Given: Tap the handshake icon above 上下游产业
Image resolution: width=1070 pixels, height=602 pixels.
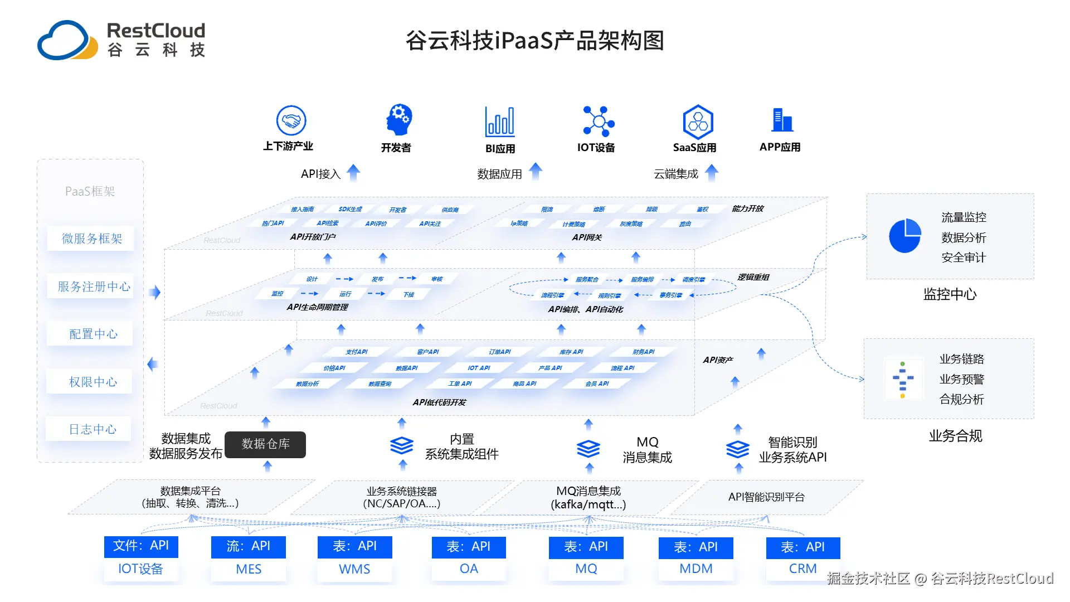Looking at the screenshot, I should [291, 120].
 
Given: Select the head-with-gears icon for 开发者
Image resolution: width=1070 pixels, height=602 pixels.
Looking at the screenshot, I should [399, 119].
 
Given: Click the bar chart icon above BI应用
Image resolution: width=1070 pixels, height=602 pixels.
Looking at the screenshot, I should [500, 122].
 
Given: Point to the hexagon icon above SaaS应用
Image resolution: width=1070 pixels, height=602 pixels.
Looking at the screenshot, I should [698, 122].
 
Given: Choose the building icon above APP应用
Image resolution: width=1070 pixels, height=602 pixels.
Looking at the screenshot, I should [782, 120].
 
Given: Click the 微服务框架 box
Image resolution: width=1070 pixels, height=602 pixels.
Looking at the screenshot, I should [91, 239].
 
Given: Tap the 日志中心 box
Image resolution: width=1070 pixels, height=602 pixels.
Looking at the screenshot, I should [92, 429].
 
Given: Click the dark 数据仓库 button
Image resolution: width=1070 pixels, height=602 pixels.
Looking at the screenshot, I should [265, 444].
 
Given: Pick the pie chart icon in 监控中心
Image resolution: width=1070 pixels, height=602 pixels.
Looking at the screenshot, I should [904, 236].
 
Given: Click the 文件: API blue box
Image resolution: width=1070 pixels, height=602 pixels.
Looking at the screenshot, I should [141, 546].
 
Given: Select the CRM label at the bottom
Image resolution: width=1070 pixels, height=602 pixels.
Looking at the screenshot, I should [802, 569].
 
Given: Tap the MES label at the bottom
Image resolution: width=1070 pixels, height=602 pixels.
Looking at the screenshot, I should [249, 569].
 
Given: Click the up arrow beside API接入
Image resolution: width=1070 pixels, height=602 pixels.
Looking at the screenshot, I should [353, 173].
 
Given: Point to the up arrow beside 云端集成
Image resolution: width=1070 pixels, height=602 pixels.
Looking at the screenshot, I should [712, 173].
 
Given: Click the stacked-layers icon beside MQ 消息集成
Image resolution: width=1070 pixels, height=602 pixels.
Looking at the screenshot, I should [588, 449].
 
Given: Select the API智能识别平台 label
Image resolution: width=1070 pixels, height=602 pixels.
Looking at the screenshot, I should [766, 497].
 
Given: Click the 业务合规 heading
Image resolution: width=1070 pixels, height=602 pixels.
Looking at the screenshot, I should [955, 436].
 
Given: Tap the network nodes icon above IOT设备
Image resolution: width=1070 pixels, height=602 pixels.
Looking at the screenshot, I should [598, 121].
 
